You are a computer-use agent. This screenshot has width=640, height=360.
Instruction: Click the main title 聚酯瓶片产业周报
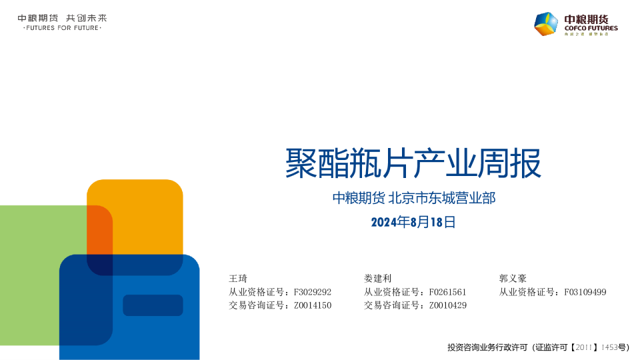tap(413, 163)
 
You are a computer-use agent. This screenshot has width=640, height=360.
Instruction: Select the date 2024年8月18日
tap(413, 222)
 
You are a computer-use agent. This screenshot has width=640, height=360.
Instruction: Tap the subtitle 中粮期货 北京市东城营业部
tap(414, 198)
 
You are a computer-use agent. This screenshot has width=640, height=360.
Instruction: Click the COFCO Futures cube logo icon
tap(546, 24)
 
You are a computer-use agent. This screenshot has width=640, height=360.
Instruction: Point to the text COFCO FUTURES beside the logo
tap(591, 28)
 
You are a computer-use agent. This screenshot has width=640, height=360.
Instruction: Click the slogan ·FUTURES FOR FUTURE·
tap(62, 28)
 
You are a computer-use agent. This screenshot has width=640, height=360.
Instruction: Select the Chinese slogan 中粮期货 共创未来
tap(62, 18)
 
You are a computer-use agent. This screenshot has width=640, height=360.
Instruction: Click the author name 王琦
tap(238, 279)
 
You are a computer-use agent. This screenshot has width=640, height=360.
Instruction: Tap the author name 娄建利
tap(377, 279)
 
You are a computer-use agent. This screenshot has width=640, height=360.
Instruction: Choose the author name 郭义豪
tap(513, 279)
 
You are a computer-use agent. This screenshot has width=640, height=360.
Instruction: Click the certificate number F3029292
tap(313, 292)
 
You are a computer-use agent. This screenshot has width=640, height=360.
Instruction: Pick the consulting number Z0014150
tap(313, 305)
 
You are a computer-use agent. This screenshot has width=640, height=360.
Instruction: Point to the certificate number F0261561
tap(447, 292)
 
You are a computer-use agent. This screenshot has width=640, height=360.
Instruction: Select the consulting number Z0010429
tap(448, 305)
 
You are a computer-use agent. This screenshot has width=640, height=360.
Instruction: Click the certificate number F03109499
tap(585, 292)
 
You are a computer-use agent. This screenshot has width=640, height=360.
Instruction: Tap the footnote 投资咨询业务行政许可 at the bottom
tap(487, 347)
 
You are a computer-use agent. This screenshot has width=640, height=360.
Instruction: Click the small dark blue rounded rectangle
tap(153, 305)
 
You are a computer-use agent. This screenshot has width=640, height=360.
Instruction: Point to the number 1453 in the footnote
tap(609, 347)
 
